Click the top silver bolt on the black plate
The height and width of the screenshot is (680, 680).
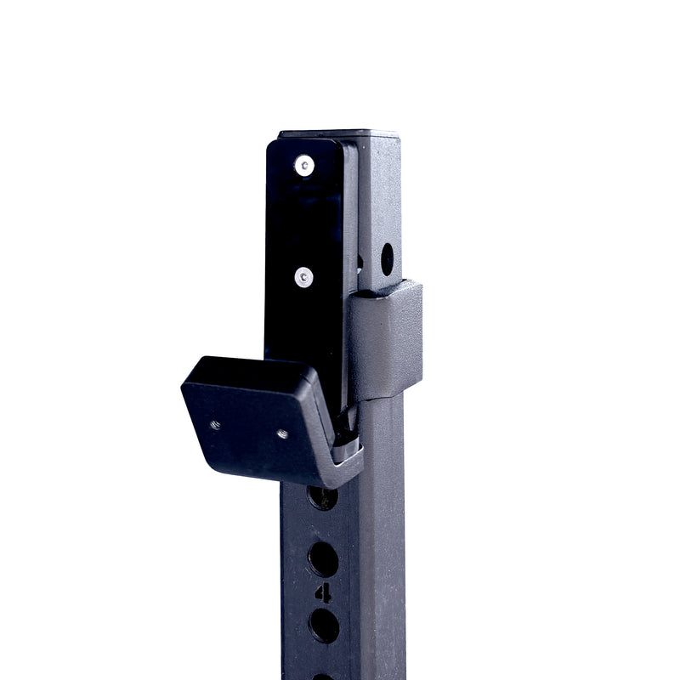(303, 166)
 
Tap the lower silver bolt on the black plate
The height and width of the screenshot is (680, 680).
(303, 275)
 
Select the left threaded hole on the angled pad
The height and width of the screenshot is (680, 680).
(216, 425)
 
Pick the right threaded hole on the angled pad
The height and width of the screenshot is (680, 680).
(282, 434)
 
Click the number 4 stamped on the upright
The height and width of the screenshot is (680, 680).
(324, 592)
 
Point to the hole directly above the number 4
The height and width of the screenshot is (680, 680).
(323, 558)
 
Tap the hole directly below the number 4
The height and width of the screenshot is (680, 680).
(324, 625)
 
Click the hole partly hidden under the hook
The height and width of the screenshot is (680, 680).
(322, 497)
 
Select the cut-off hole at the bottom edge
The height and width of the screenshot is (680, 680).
(323, 676)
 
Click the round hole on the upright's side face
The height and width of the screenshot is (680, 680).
(387, 258)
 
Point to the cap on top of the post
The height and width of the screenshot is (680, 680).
(340, 133)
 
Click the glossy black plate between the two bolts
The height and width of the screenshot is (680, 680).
(306, 221)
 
